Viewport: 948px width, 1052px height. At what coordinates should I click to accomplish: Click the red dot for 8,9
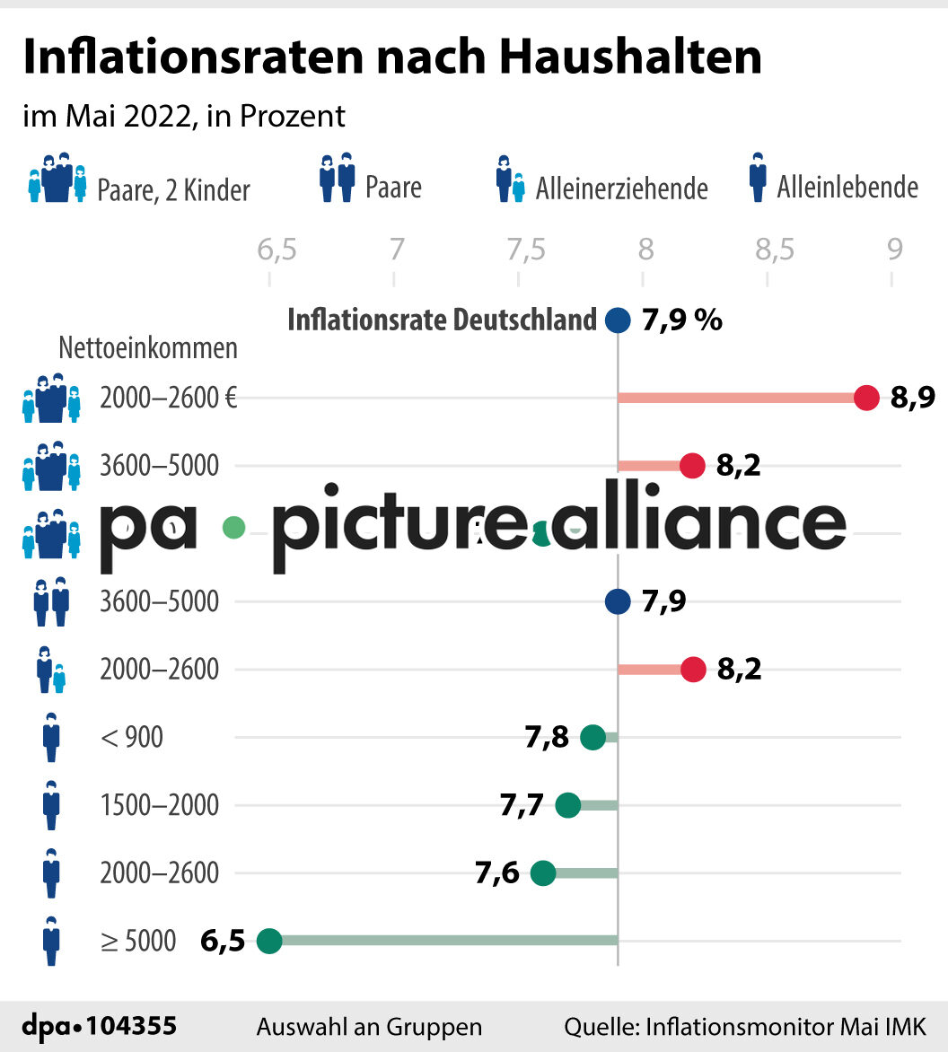pos(866,398)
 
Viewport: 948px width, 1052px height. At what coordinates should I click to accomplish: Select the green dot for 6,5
pos(269,941)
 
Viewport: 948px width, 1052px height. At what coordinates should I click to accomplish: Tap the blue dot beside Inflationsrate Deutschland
pos(618,320)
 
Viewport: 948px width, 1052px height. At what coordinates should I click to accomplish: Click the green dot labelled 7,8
pos(592,738)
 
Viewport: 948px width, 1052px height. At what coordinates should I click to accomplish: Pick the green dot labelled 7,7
pos(568,805)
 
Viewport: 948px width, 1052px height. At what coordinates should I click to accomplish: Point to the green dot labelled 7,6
pos(543,872)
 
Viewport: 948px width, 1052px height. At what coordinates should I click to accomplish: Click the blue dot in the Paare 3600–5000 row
pos(618,601)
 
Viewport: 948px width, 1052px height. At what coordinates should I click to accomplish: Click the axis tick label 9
pos(894,250)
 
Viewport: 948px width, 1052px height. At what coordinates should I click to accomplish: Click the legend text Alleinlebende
pos(847,188)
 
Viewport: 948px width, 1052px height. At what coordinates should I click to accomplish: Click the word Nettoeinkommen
pos(148,347)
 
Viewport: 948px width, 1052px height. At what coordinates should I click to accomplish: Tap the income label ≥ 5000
pos(139,941)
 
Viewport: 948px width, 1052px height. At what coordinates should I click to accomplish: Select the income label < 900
pos(132,738)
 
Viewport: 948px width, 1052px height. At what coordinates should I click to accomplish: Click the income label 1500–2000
pos(160,805)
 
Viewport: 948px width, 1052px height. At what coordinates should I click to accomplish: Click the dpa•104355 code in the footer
pos(99,1026)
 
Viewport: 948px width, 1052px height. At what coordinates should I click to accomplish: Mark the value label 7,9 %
pos(682,320)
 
